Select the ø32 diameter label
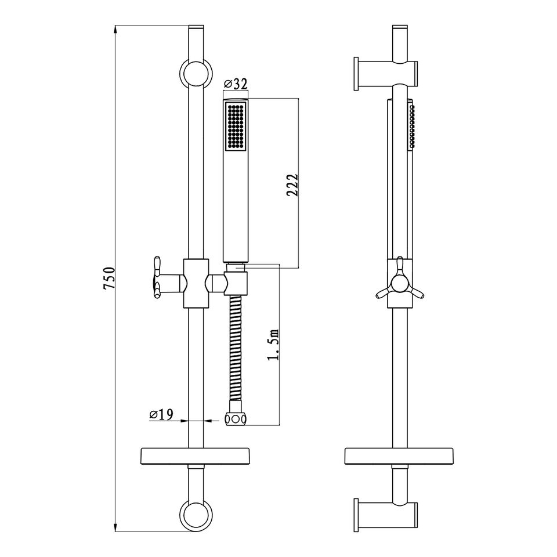tap(235, 84)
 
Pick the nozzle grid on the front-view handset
tap(234, 126)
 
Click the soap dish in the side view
tap(400, 455)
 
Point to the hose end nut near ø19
tap(236, 419)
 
